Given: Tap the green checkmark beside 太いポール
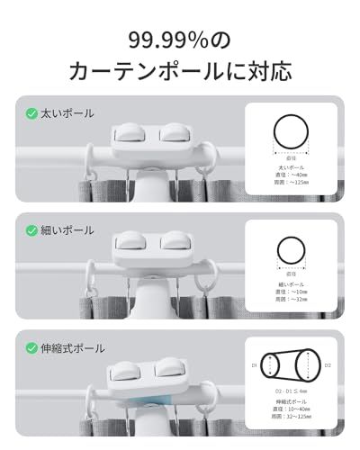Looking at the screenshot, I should point(31,114).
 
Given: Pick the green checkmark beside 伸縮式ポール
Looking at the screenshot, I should point(31,348).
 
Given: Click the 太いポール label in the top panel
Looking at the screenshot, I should point(67,114).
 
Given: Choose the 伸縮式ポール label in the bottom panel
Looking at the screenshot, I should point(73,348).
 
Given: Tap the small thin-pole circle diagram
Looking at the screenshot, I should point(291,249).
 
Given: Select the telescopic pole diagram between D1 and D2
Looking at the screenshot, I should point(291,366).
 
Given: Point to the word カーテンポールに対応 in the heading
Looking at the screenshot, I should point(179,71).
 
